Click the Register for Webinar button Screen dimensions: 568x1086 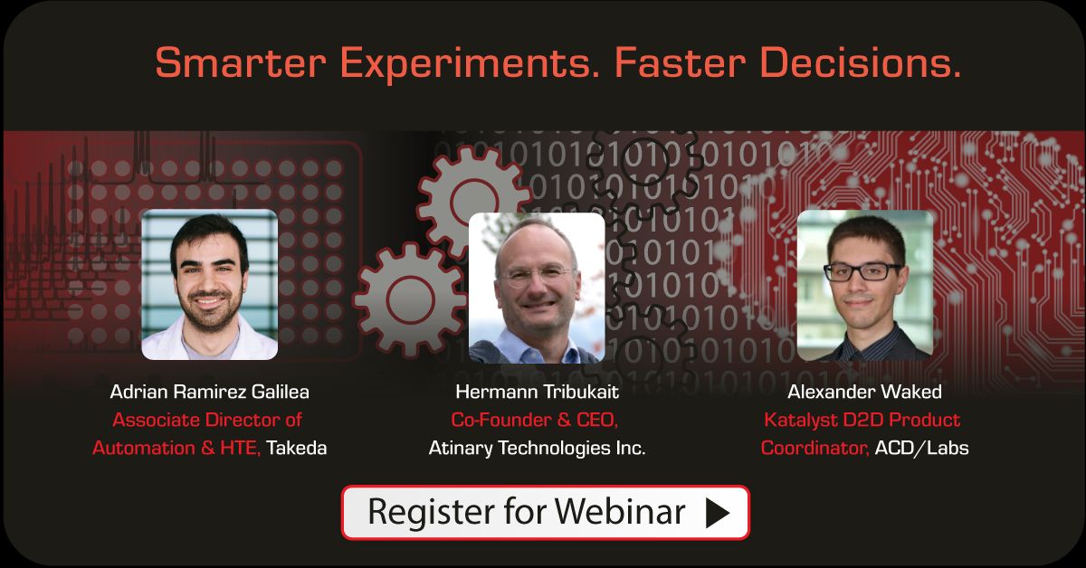(545, 512)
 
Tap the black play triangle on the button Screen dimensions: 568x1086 (717, 513)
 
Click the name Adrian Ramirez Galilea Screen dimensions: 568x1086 (209, 392)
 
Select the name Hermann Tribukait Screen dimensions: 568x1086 (537, 392)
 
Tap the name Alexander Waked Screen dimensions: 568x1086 (864, 392)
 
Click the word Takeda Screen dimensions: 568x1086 (296, 448)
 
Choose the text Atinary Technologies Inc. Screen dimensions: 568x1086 (537, 448)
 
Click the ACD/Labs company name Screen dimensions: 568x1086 (921, 448)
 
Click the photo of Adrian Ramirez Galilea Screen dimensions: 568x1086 (210, 285)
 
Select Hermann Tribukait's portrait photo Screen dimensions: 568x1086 (537, 288)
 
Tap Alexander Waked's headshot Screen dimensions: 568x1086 (864, 285)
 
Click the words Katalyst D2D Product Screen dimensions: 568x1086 (862, 420)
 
